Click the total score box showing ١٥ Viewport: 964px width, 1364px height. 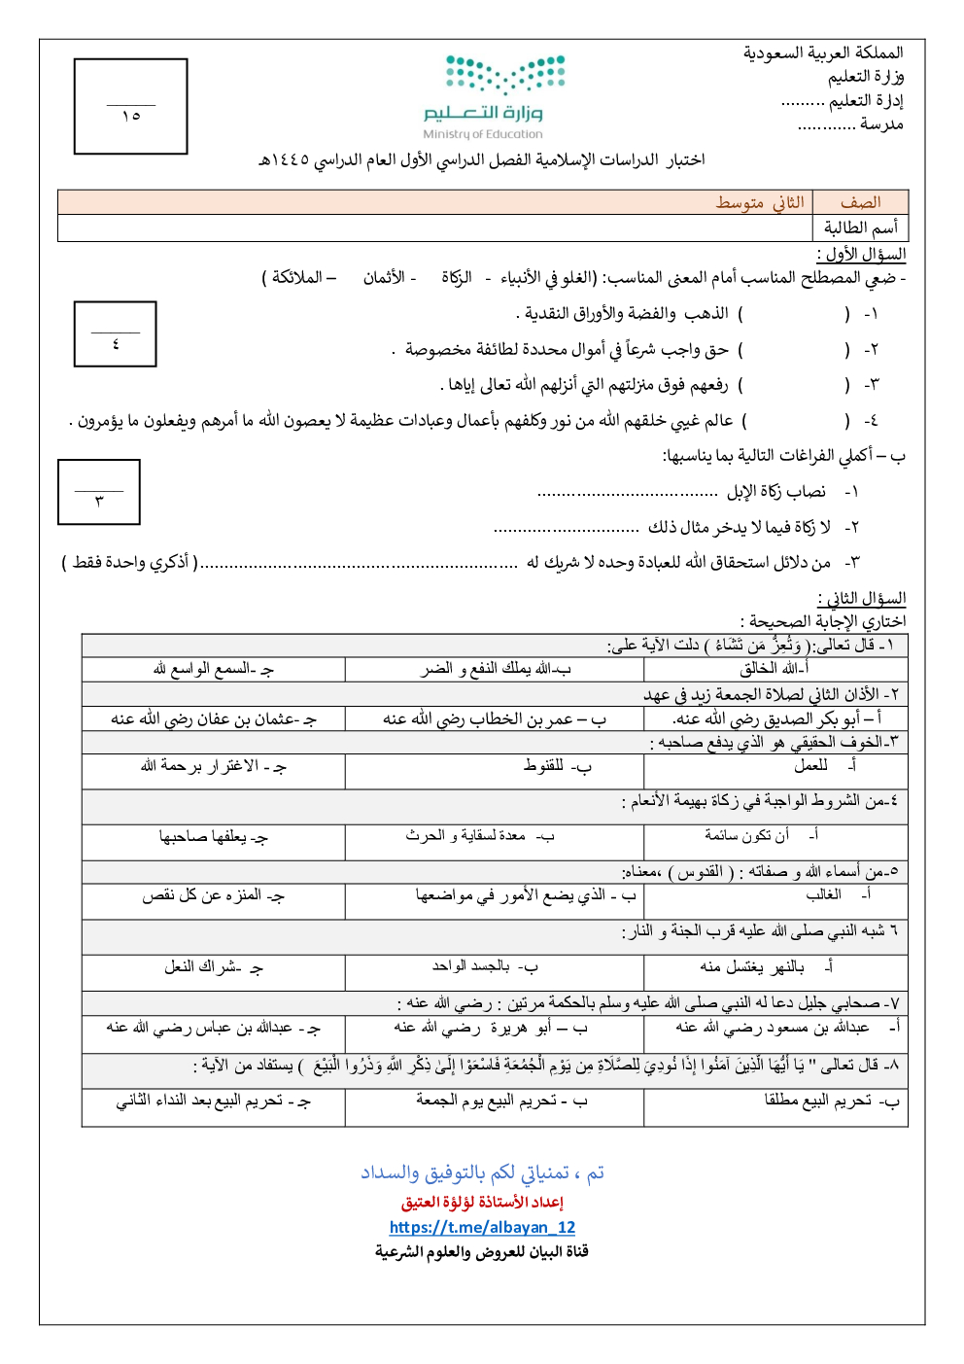pos(131,107)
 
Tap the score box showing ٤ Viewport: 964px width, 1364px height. pos(116,334)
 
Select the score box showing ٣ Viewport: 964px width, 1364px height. pos(99,492)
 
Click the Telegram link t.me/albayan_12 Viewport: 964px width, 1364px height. pos(482,1227)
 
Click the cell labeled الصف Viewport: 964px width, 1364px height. pos(860,202)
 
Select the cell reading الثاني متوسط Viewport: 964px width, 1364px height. pos(760,202)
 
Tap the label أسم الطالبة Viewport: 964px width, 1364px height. pos(860,227)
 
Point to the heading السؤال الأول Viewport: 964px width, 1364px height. pos(861,254)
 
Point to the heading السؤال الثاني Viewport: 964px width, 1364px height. pos(861,598)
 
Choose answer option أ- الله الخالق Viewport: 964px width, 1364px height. pos(775,669)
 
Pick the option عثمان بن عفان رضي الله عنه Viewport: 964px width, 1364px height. pos(214,719)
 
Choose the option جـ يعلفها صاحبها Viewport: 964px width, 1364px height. pos(214,837)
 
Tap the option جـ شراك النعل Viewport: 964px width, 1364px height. pos(214,967)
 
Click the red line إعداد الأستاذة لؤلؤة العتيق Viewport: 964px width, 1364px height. pos(482,1203)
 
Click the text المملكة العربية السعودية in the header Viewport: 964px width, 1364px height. pos(823,52)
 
